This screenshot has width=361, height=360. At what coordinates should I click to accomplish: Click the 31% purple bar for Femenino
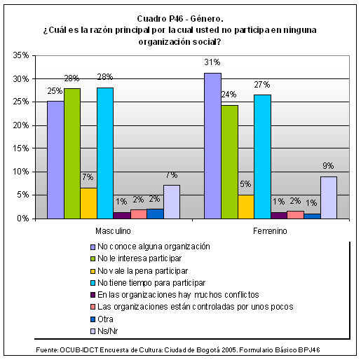coord(212,146)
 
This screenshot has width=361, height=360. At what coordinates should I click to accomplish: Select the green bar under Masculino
coord(72,153)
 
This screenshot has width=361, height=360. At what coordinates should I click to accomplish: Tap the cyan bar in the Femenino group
coord(263,157)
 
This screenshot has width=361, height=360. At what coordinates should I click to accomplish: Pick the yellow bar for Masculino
coord(89,203)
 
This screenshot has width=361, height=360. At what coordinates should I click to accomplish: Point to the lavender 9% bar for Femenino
coord(329,198)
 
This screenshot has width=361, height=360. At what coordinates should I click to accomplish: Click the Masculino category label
coord(113,231)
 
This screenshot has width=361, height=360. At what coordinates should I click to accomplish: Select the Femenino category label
coord(270,231)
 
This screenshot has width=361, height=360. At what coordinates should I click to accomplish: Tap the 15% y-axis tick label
coord(21,148)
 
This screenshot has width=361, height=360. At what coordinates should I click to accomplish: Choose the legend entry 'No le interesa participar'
coord(136,258)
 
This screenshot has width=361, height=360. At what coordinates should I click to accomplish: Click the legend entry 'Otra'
coord(102,319)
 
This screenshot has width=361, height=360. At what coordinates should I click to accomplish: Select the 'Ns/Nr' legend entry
coord(104,331)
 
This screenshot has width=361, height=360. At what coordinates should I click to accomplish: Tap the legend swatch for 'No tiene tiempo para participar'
coord(93,283)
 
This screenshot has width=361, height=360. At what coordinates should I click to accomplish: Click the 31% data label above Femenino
coord(212,62)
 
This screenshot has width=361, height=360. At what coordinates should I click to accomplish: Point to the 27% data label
coord(262,85)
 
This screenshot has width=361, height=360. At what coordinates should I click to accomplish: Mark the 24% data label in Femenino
coord(229,95)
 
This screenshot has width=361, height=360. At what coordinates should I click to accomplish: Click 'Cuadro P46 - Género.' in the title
coord(180,19)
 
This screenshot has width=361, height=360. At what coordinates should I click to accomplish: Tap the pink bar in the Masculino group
coord(139,214)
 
